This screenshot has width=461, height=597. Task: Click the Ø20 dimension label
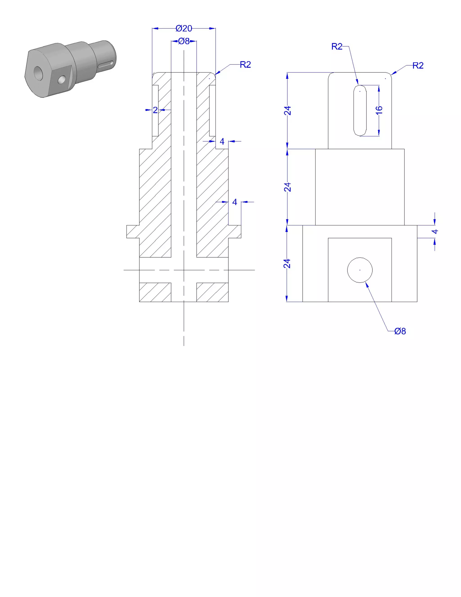tap(184, 28)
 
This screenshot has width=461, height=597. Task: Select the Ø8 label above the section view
tap(184, 41)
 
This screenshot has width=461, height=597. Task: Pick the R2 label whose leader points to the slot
tap(337, 46)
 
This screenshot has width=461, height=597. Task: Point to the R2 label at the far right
tap(418, 66)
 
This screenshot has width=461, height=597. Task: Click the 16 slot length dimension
tap(379, 110)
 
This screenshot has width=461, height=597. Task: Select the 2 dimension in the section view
tap(155, 110)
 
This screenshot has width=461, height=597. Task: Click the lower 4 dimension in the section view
tap(235, 202)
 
